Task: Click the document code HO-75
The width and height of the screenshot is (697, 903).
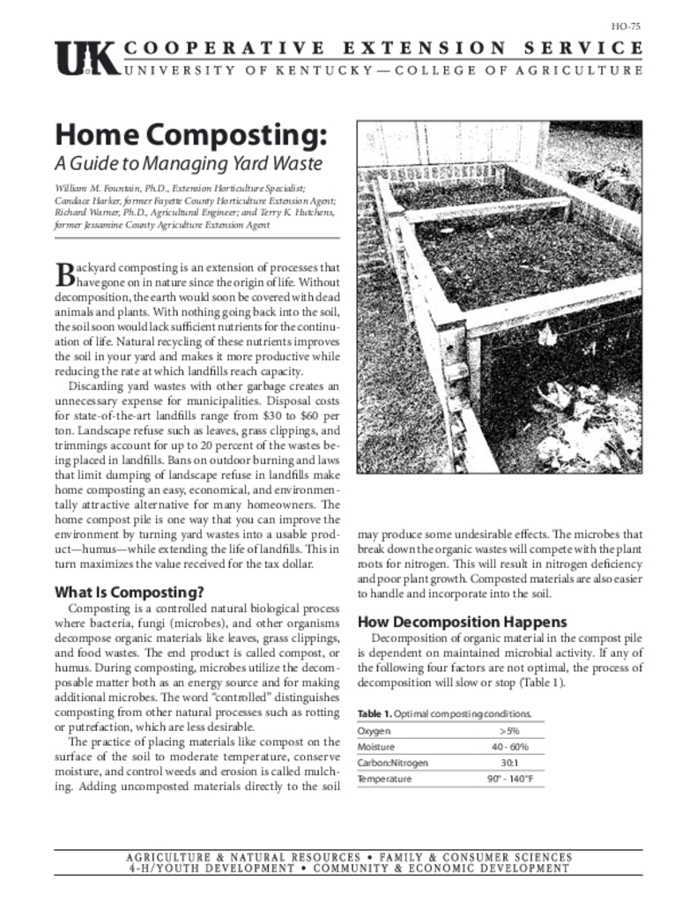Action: click(x=627, y=26)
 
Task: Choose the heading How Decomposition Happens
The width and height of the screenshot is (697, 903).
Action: click(x=462, y=622)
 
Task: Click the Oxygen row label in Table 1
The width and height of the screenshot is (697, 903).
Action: click(x=374, y=731)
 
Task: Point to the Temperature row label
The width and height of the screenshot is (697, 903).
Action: click(x=384, y=780)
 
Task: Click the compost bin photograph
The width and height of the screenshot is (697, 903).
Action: click(x=500, y=297)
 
